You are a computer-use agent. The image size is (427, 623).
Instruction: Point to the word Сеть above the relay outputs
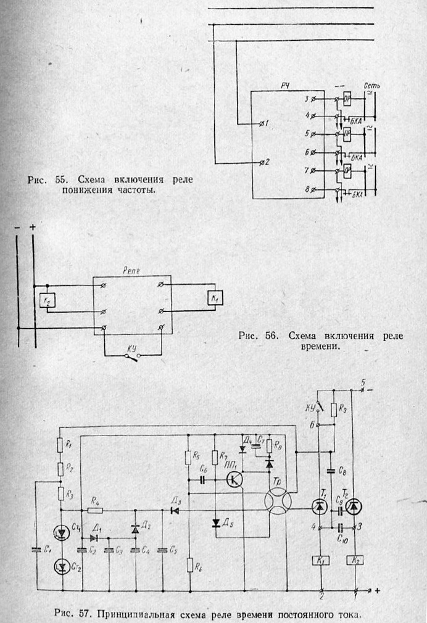[x=371, y=85]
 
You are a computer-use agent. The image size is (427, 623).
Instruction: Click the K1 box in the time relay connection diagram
[x=214, y=299]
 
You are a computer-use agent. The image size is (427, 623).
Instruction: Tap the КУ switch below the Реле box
[x=131, y=355]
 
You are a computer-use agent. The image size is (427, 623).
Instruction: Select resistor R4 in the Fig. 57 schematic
[x=95, y=510]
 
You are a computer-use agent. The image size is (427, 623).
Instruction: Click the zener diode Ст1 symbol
[x=62, y=530]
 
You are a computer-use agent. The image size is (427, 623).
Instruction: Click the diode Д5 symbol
[x=215, y=523]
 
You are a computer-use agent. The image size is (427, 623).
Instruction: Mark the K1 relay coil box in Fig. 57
[x=319, y=560]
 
